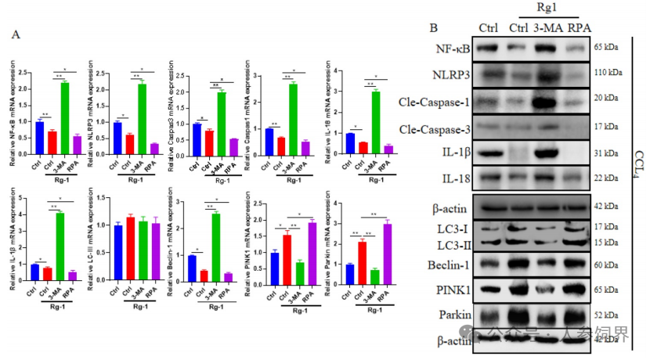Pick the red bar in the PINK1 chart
pyautogui.click(x=287, y=257)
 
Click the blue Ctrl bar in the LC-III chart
pyautogui.click(x=118, y=252)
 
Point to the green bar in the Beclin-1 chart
pyautogui.click(x=216, y=247)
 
